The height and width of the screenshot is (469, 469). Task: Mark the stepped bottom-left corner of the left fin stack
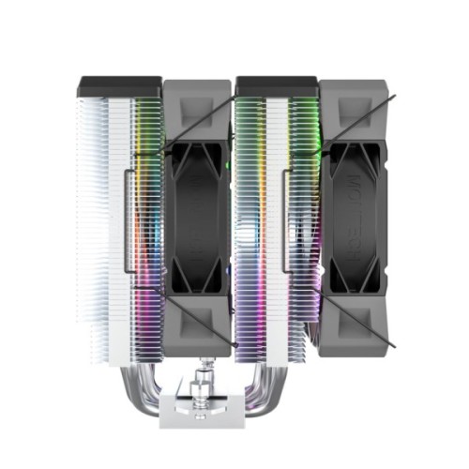click(84, 319)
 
